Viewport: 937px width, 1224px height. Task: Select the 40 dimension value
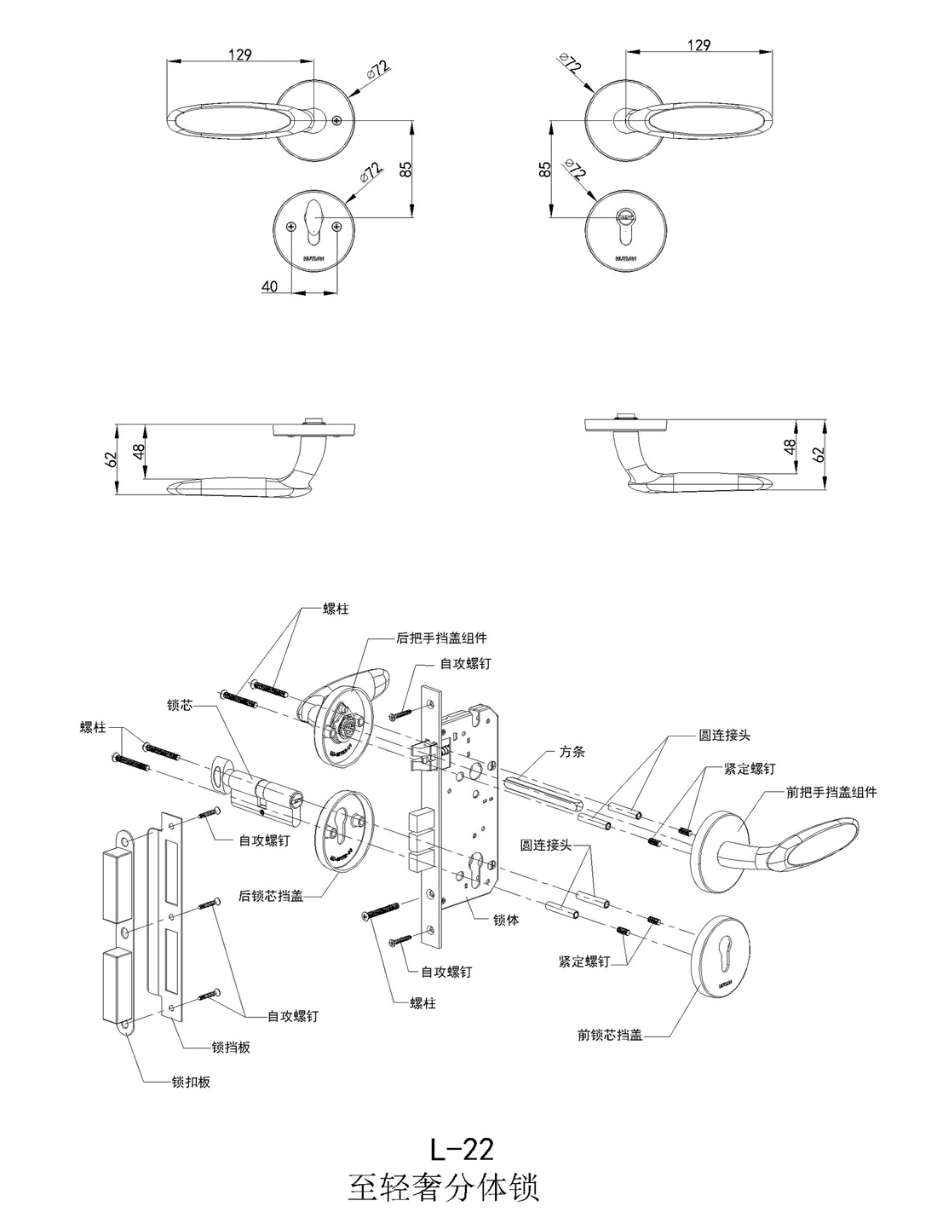(x=269, y=287)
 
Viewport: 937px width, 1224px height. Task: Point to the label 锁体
(x=506, y=921)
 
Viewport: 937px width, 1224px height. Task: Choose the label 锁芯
(x=181, y=706)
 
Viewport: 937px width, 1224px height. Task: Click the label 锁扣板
(x=191, y=1083)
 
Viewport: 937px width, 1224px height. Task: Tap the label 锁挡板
(x=231, y=1048)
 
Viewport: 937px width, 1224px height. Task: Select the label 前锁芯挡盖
(x=609, y=1036)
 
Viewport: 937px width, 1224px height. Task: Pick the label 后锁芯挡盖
(x=271, y=896)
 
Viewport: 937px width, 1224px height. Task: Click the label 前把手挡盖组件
(x=831, y=792)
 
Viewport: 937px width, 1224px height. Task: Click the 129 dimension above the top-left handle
(x=239, y=55)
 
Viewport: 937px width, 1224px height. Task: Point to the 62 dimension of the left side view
(x=110, y=459)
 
